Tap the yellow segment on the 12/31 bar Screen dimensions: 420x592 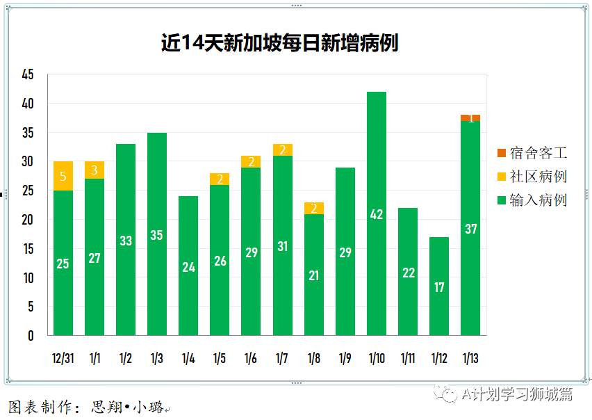pyautogui.click(x=63, y=176)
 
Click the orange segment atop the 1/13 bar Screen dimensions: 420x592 pyautogui.click(x=470, y=118)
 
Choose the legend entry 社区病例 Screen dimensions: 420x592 pyautogui.click(x=532, y=177)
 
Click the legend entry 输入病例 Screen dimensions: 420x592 pyautogui.click(x=532, y=200)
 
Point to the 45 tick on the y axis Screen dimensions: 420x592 pyautogui.click(x=28, y=75)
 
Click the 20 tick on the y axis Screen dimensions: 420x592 pyautogui.click(x=28, y=220)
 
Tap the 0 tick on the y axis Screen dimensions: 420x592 pyautogui.click(x=31, y=336)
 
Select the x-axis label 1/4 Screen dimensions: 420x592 pyautogui.click(x=188, y=359)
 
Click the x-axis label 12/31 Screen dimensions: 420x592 pyautogui.click(x=63, y=359)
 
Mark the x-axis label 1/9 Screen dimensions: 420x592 pyautogui.click(x=345, y=359)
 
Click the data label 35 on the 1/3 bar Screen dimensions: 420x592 pyautogui.click(x=157, y=235)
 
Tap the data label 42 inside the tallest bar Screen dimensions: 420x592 pyautogui.click(x=377, y=215)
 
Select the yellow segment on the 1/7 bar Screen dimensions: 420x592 pyautogui.click(x=283, y=150)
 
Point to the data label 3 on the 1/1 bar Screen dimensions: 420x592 pyautogui.click(x=94, y=170)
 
